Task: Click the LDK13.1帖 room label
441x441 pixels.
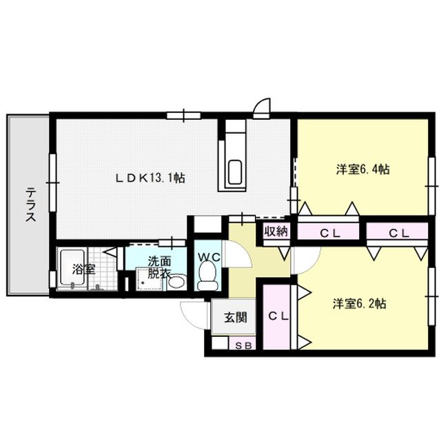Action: (x=150, y=178)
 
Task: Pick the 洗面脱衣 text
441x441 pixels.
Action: (x=158, y=267)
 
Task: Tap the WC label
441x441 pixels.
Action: (x=209, y=257)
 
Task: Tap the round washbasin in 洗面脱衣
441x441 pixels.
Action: (x=176, y=282)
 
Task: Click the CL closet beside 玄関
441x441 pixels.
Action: (x=277, y=316)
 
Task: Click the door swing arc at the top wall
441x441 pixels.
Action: (x=262, y=107)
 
